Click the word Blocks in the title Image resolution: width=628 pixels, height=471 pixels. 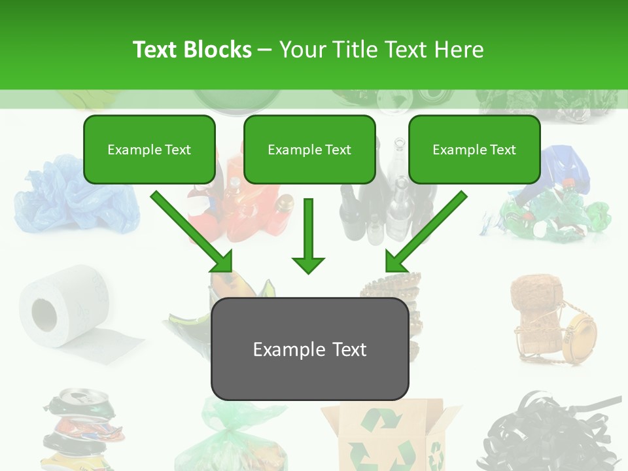coord(218,50)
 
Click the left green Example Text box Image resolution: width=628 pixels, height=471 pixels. coord(149,149)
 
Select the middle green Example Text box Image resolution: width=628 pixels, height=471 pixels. coord(309,149)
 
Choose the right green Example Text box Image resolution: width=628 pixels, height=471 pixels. coord(474,149)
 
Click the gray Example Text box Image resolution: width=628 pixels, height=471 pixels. coord(309,349)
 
